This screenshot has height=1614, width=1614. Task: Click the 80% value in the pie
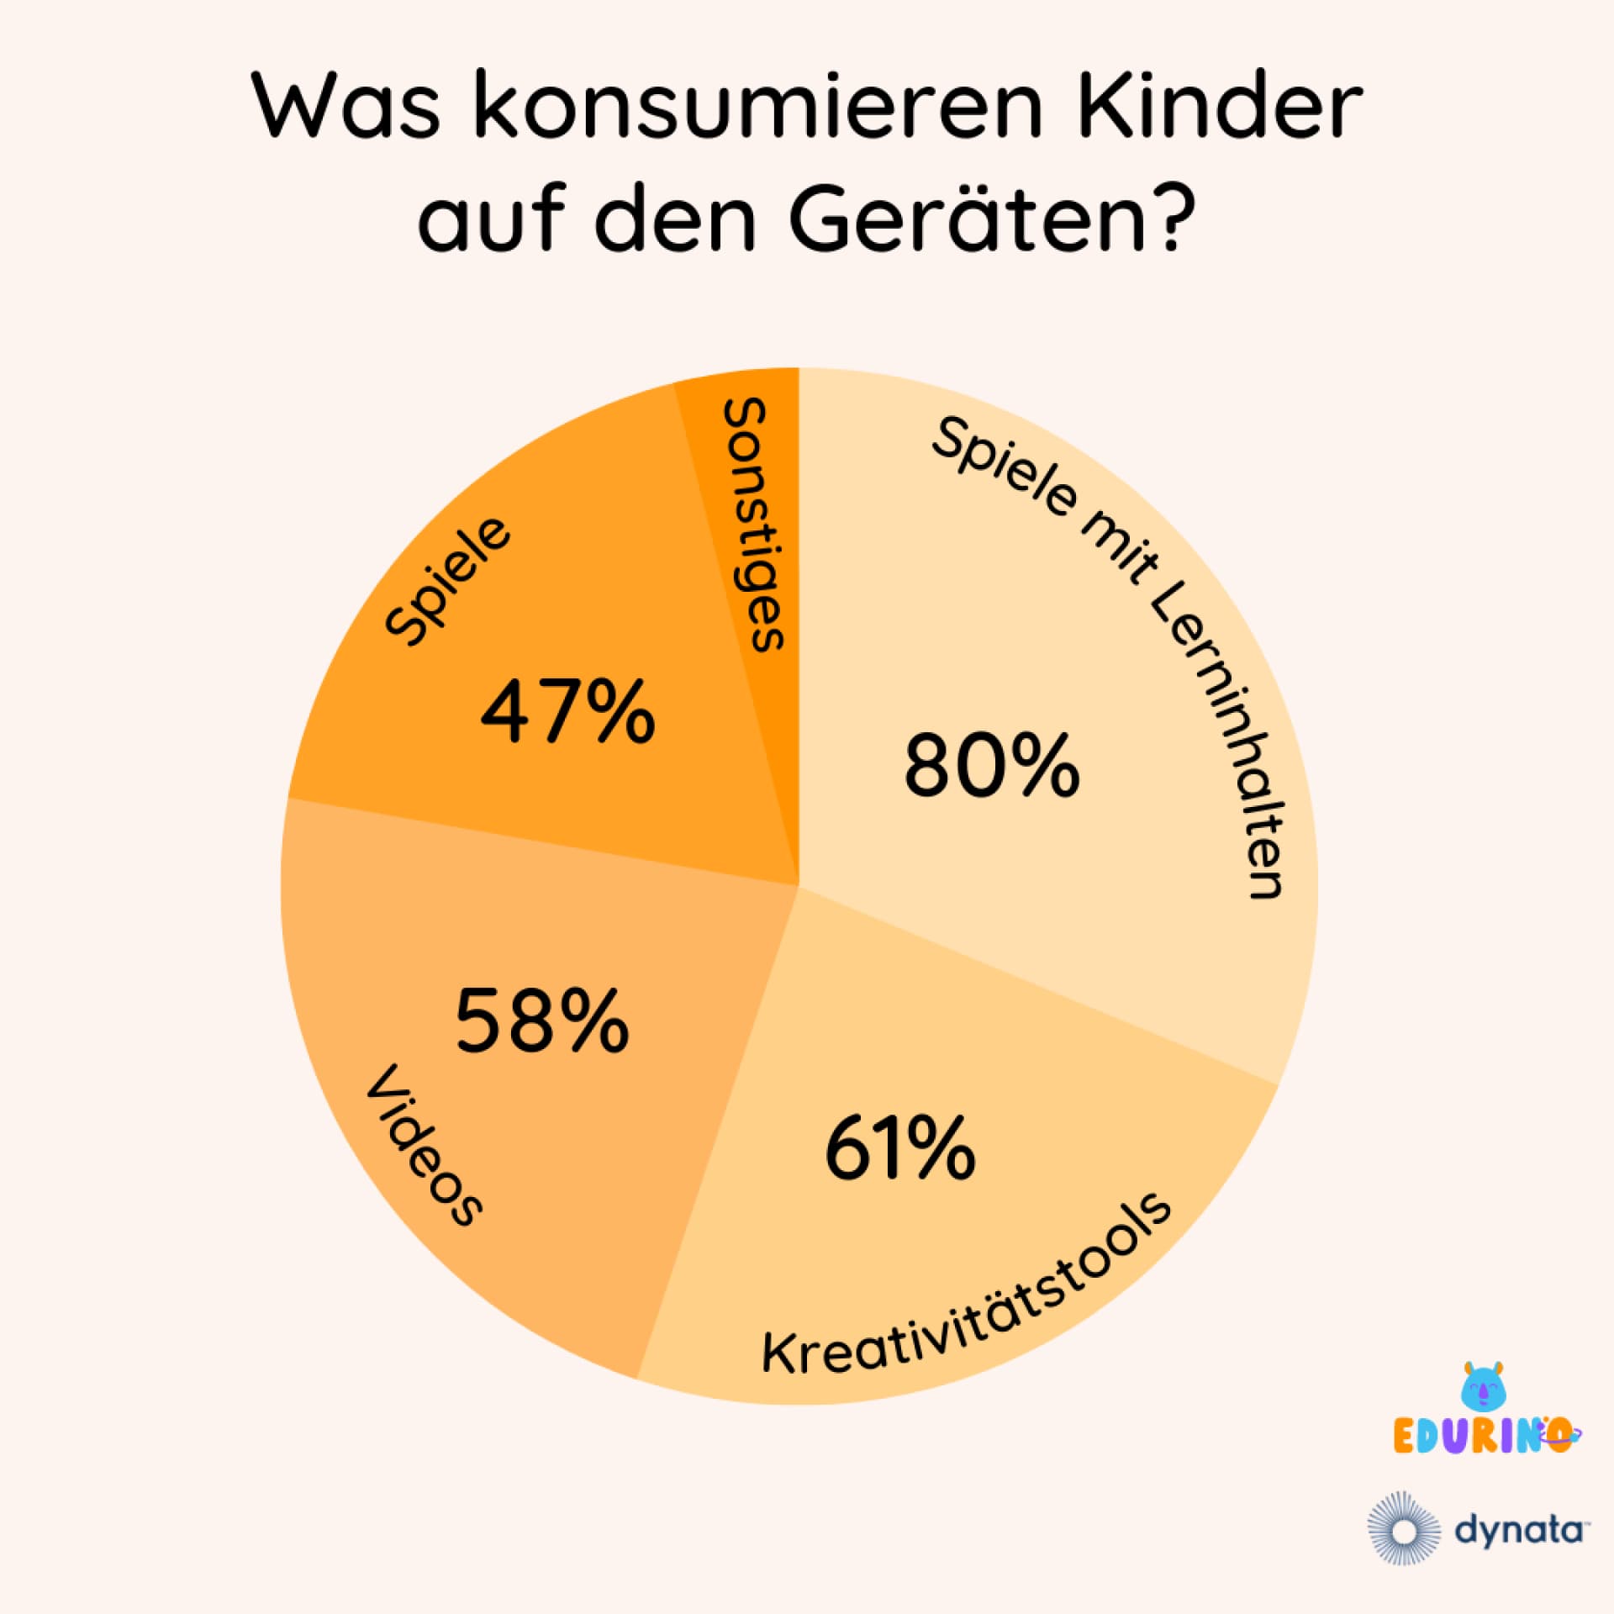click(x=991, y=765)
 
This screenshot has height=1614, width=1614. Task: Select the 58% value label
click(x=541, y=1021)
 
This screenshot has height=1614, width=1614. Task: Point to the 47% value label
click(x=567, y=712)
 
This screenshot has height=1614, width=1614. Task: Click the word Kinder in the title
click(x=1220, y=108)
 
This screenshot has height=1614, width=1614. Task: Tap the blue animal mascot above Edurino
click(x=1485, y=1387)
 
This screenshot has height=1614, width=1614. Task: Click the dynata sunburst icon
click(x=1403, y=1529)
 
